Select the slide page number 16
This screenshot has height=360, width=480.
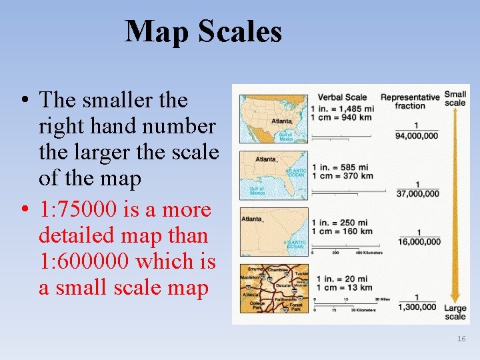click(461, 339)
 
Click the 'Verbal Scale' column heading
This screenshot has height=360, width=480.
click(342, 97)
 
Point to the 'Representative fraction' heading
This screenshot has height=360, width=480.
click(410, 101)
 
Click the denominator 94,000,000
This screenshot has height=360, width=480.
click(417, 136)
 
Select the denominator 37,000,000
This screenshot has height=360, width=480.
click(417, 193)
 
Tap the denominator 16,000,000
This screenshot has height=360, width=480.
click(417, 242)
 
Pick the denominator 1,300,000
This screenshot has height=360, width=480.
click(417, 307)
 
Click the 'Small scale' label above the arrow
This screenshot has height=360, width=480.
click(455, 99)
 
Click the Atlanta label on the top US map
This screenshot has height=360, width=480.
click(281, 121)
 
